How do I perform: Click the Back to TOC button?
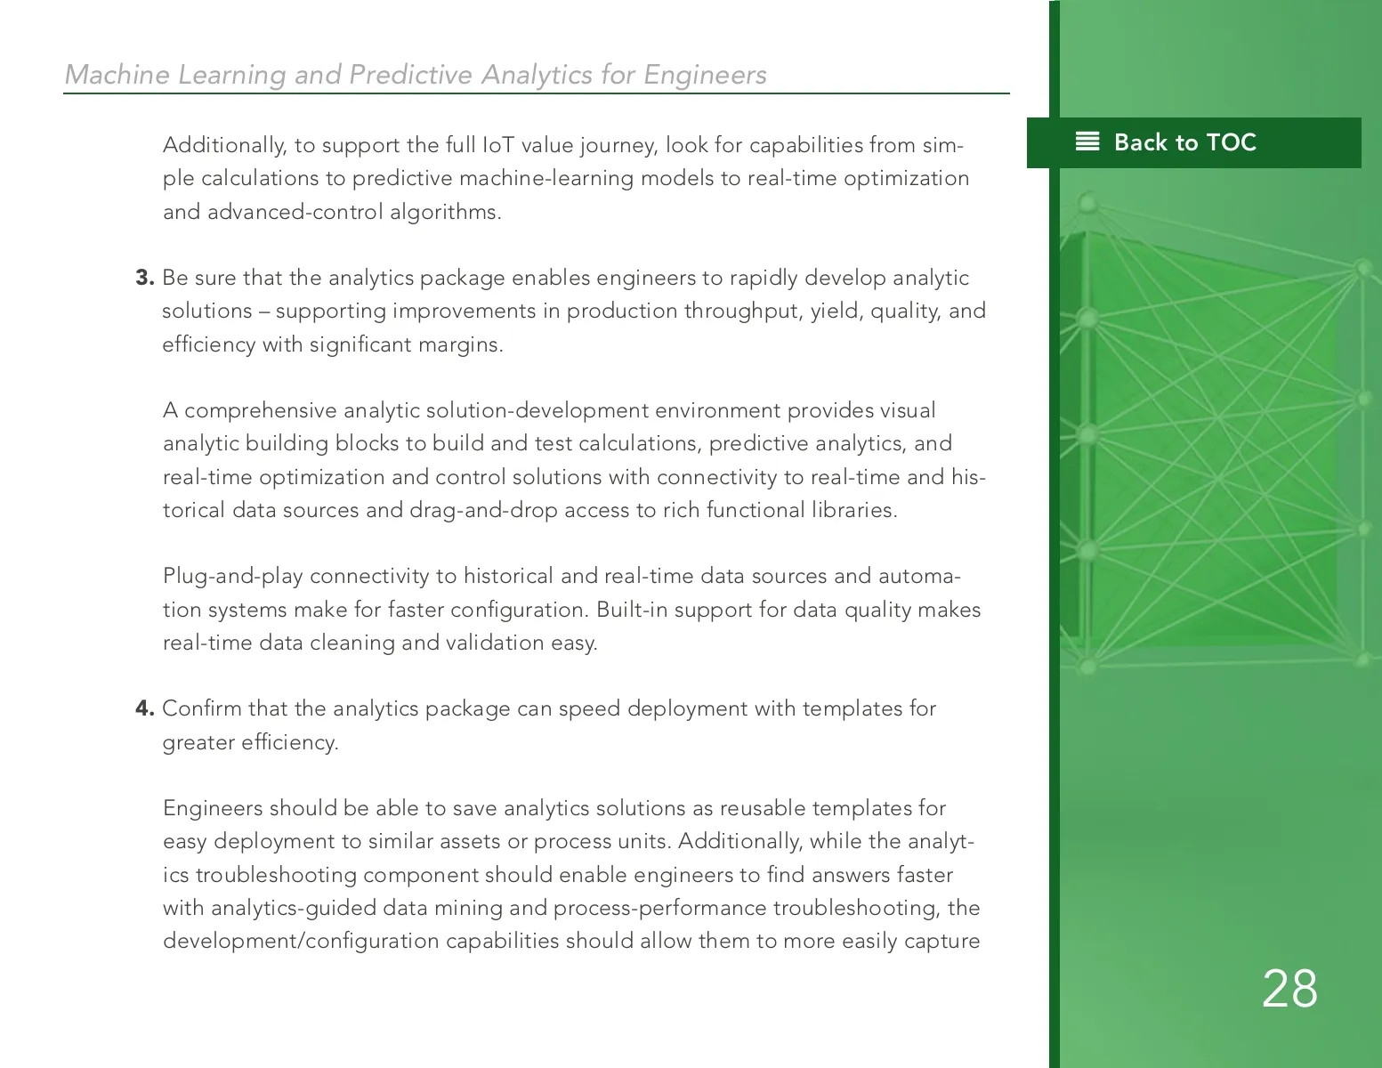[1184, 142]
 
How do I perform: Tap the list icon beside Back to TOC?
[1087, 142]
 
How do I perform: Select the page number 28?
[1289, 989]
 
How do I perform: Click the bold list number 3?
[144, 278]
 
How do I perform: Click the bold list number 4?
[144, 708]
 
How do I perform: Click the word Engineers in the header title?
[705, 75]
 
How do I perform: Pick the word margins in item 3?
[465, 344]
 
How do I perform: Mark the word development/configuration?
[301, 941]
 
